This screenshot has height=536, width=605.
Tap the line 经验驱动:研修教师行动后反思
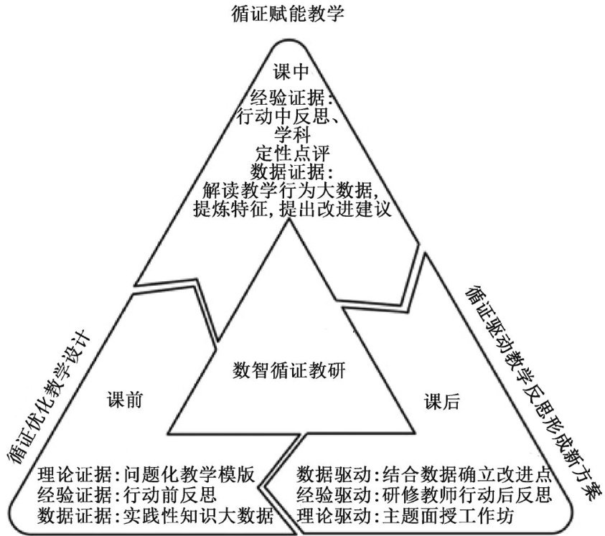(x=423, y=494)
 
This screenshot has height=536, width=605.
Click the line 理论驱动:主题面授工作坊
(x=405, y=515)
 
